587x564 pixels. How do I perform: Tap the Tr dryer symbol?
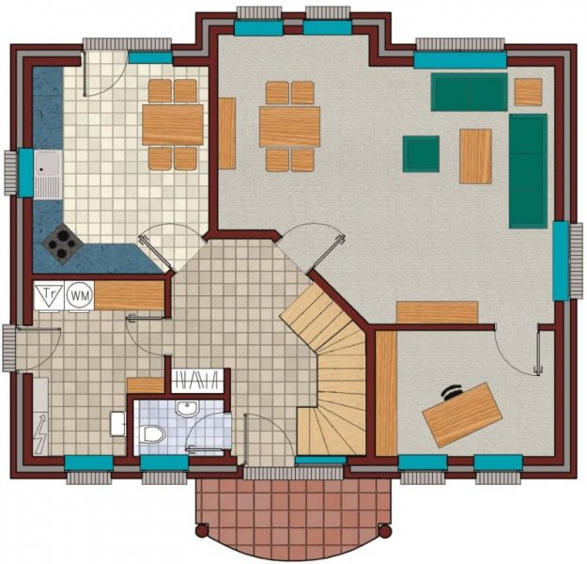click(x=50, y=294)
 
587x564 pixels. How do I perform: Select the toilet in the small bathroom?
click(x=154, y=431)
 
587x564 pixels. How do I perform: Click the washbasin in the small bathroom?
click(x=187, y=409)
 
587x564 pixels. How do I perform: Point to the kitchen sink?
click(x=47, y=174)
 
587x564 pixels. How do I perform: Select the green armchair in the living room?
click(x=421, y=153)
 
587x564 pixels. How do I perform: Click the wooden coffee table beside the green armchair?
click(x=475, y=155)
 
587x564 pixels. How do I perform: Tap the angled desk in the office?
click(x=459, y=414)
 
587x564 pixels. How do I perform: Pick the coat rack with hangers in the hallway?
click(x=199, y=380)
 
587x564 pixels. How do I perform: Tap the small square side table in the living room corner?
click(x=528, y=91)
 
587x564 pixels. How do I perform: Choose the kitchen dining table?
click(x=173, y=124)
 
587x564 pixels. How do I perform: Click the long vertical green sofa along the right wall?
click(x=528, y=171)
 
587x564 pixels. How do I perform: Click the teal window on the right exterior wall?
click(x=561, y=260)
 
